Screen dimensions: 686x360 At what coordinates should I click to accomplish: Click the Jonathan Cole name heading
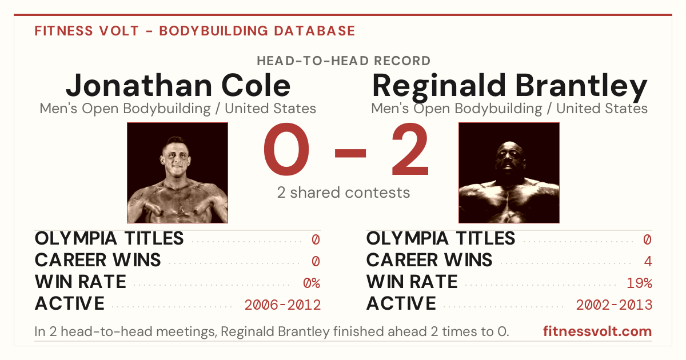pyautogui.click(x=178, y=85)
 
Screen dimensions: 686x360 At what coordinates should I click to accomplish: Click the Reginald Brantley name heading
pyautogui.click(x=509, y=87)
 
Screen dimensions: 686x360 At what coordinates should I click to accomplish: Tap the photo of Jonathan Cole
pyautogui.click(x=177, y=173)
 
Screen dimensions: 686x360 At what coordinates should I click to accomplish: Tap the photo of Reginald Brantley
pyautogui.click(x=509, y=173)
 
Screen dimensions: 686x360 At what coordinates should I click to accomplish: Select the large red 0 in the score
pyautogui.click(x=286, y=149)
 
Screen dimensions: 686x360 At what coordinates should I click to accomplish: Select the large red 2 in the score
pyautogui.click(x=410, y=149)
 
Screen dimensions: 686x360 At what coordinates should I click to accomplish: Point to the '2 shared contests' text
pyautogui.click(x=344, y=193)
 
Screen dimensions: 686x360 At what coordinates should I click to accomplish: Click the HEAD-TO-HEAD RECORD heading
pyautogui.click(x=344, y=61)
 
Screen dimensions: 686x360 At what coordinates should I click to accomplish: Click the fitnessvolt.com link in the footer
pyautogui.click(x=597, y=331)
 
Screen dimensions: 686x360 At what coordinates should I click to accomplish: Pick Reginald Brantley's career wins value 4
pyautogui.click(x=648, y=262)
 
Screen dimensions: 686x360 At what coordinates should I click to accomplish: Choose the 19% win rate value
pyautogui.click(x=639, y=283)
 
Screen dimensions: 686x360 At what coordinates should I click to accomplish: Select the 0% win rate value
pyautogui.click(x=312, y=283)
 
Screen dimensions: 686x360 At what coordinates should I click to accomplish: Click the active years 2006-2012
pyautogui.click(x=282, y=305)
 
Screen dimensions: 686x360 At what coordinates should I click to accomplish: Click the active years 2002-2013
pyautogui.click(x=614, y=305)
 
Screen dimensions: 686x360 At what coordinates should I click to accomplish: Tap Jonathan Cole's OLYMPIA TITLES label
pyautogui.click(x=109, y=238)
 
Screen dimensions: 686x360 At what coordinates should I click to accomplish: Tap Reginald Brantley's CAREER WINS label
pyautogui.click(x=429, y=260)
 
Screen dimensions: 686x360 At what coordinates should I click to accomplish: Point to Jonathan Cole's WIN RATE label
pyautogui.click(x=80, y=282)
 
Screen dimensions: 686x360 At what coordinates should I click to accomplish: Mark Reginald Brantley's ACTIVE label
pyautogui.click(x=401, y=303)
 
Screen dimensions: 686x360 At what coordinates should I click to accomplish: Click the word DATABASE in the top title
pyautogui.click(x=314, y=31)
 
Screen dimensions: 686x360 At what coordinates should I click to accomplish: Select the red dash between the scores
pyautogui.click(x=350, y=153)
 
